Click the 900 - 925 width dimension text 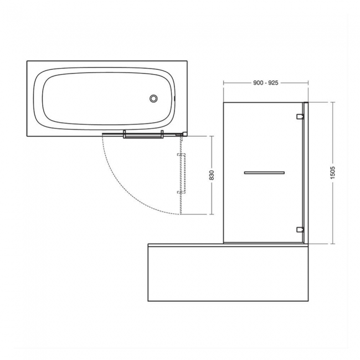pos(265,83)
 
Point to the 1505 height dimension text pos(332,172)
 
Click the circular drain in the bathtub pos(153,99)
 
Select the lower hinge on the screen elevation pos(300,229)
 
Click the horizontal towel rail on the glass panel pos(265,173)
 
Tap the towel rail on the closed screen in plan pos(142,134)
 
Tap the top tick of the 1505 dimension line pos(332,102)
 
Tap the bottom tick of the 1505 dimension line pos(332,243)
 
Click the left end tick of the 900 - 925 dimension pos(223,83)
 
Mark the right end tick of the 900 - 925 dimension pos(307,83)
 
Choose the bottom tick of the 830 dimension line pos(212,214)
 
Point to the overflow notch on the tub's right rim pos(174,99)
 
